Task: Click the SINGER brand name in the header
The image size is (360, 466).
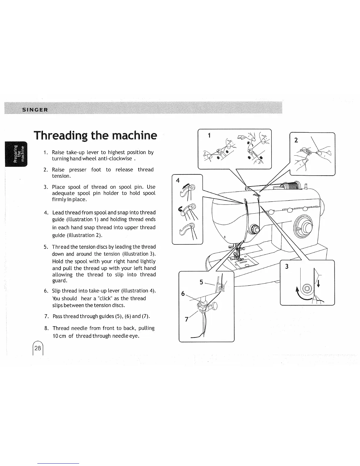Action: (35, 110)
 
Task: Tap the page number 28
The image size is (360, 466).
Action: (38, 348)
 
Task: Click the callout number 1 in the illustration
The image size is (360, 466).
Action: (209, 136)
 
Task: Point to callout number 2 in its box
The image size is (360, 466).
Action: (296, 140)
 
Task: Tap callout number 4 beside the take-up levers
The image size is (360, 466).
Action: (177, 181)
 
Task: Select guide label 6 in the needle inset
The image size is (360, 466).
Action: (183, 294)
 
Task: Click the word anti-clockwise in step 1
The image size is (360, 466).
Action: (117, 159)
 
